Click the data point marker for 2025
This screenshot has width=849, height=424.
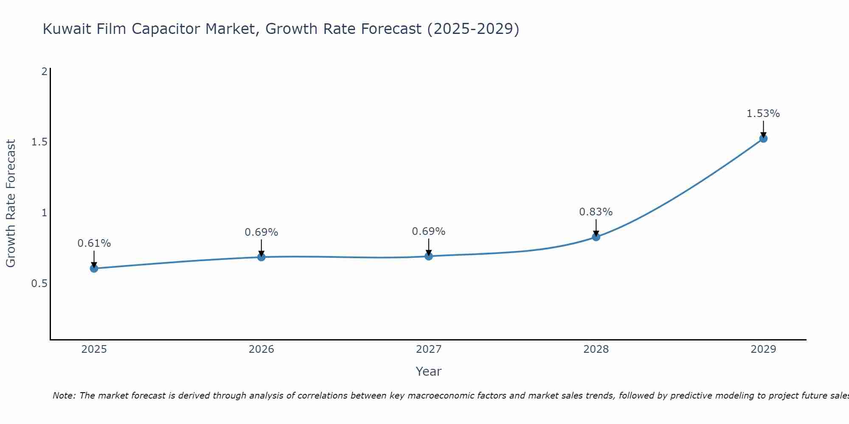(x=94, y=268)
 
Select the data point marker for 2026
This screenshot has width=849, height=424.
(x=261, y=257)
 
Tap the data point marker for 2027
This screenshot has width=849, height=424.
(x=428, y=256)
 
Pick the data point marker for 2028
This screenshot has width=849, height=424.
(x=596, y=237)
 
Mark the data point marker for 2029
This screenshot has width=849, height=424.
(x=763, y=139)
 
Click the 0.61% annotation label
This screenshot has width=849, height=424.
(x=94, y=243)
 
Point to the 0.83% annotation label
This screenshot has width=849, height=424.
(x=596, y=212)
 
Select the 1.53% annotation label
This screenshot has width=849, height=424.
(x=763, y=114)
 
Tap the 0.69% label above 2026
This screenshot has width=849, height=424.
(x=261, y=232)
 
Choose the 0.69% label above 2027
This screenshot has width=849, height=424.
(x=428, y=232)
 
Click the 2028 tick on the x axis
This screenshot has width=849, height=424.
(x=596, y=349)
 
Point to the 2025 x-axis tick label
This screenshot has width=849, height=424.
(x=94, y=349)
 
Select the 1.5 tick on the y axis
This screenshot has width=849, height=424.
(x=39, y=142)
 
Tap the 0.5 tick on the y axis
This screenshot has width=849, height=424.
(x=39, y=283)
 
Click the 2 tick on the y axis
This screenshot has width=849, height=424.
(x=44, y=72)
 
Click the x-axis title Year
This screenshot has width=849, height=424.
(x=428, y=371)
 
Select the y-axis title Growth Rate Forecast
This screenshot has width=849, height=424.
(x=11, y=204)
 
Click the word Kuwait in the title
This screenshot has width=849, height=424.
(x=67, y=29)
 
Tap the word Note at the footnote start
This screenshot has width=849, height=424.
(x=64, y=396)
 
